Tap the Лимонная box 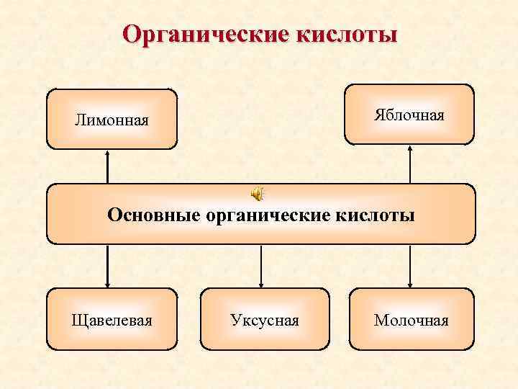click(112, 119)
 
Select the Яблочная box click(409, 115)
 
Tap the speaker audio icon click(257, 193)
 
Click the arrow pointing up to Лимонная click(108, 166)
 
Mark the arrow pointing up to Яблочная click(410, 164)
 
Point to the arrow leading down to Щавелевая click(108, 267)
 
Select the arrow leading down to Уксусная click(260, 267)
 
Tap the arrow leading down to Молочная click(410, 267)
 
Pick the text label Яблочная click(409, 115)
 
